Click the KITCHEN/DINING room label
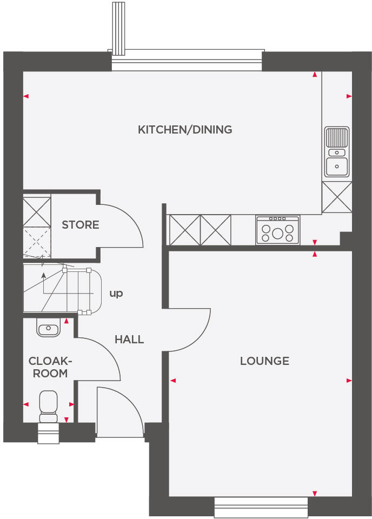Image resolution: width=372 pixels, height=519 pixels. (x=185, y=130)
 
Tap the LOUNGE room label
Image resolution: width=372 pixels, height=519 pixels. (x=264, y=361)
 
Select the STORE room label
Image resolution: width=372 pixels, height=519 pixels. (x=81, y=225)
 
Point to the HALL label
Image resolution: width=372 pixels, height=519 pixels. (x=129, y=340)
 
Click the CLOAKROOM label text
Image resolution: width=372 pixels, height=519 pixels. (x=48, y=367)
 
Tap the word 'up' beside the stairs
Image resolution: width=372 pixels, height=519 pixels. (x=116, y=294)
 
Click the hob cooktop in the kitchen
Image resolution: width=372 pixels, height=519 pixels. (x=278, y=230)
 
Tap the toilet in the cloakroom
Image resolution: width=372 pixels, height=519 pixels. (x=48, y=405)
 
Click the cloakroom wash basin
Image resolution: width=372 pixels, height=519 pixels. (x=48, y=328)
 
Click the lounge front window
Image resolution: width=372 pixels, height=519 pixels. (x=261, y=508)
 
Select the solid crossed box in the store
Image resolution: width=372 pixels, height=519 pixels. (x=37, y=211)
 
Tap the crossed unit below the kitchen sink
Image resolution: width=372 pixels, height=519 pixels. (x=337, y=197)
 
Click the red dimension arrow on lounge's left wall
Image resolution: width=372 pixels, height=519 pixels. (x=173, y=381)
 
